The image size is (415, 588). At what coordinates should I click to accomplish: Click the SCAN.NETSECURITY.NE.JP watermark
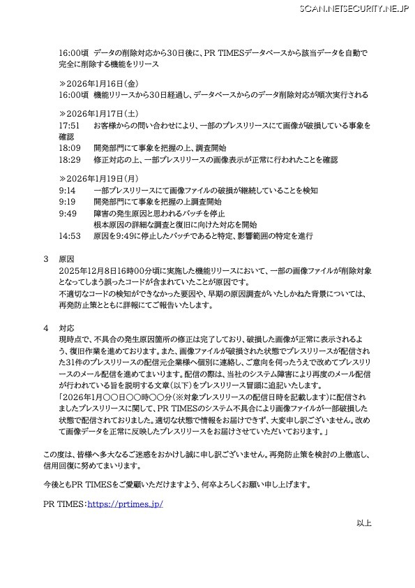pos(354,8)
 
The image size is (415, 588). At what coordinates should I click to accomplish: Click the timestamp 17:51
pos(70,125)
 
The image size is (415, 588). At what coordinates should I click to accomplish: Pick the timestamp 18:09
pos(70,148)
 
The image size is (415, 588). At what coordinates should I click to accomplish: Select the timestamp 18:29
pos(70,159)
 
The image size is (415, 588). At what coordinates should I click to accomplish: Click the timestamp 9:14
pos(68,190)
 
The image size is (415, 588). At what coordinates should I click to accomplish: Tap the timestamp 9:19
pos(68,201)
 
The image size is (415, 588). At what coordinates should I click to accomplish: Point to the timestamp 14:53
pos(70,236)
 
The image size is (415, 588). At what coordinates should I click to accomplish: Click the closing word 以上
pos(364,522)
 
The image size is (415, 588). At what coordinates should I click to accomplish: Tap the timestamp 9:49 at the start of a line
pos(68,213)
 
